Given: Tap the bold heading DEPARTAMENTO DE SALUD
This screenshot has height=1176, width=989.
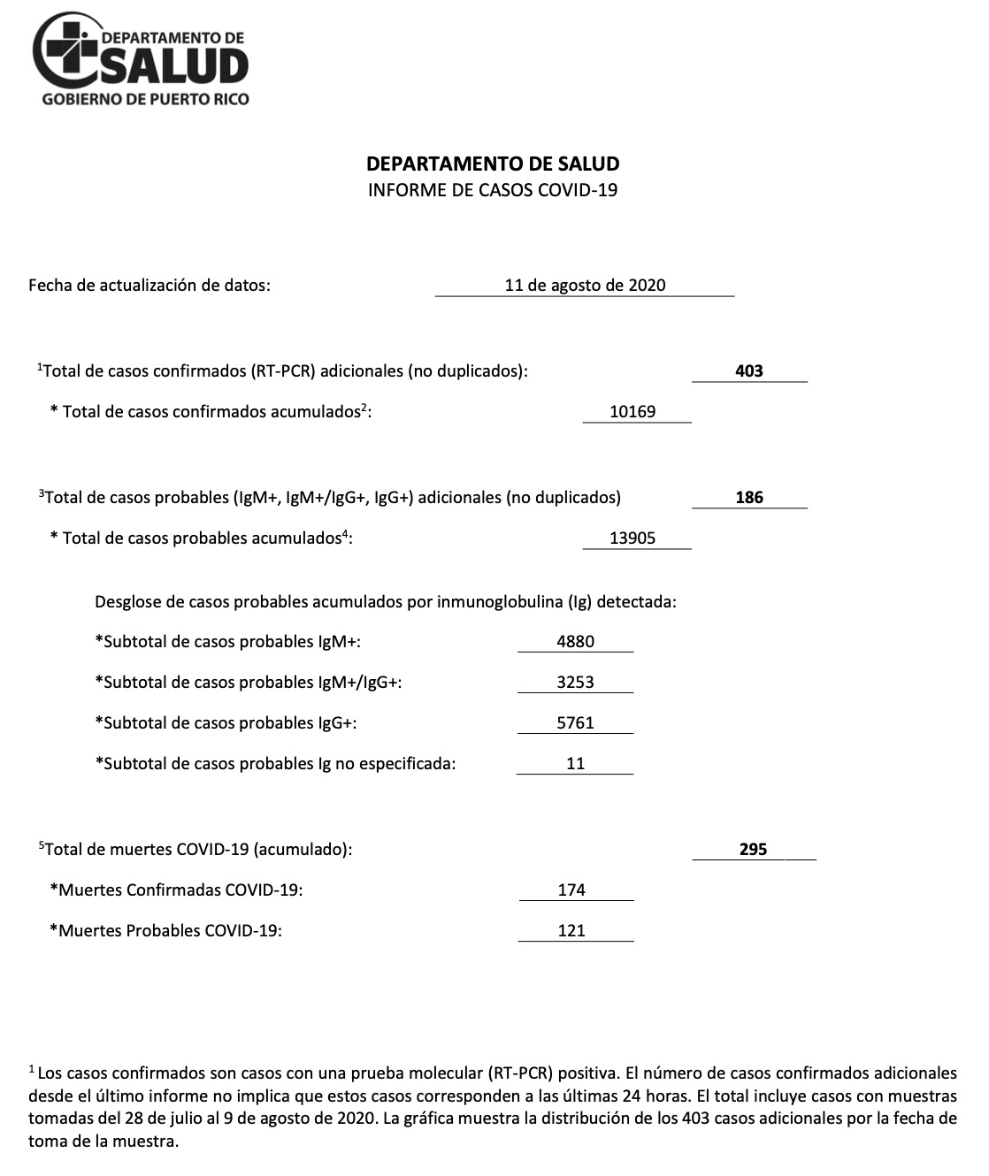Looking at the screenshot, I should [493, 164].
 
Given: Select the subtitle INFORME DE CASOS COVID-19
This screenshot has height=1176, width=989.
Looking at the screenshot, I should [493, 189].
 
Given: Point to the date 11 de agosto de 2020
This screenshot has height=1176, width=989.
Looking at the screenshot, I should [585, 285].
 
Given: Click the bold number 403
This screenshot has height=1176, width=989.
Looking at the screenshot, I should [749, 370].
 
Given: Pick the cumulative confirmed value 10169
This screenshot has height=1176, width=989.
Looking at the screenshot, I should [633, 411].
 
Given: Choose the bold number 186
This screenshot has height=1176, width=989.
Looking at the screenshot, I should [749, 497].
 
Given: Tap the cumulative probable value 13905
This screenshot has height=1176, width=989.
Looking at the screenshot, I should [633, 538].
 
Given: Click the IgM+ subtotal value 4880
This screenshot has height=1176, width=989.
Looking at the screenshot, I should [576, 641].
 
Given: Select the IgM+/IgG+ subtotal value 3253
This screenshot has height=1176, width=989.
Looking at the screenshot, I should [576, 682].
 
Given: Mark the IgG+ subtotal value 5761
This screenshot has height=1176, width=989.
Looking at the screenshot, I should [576, 722].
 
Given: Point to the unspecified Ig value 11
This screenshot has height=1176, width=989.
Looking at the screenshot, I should [576, 763].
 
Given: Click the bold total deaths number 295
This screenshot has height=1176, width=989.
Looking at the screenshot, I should [754, 849].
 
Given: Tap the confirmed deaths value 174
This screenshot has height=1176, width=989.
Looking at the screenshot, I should [572, 890].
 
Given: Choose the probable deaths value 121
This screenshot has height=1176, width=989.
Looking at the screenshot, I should [572, 930].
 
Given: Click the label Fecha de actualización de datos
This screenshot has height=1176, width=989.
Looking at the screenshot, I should [149, 285].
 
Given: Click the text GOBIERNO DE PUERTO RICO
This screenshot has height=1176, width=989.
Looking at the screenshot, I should [145, 99].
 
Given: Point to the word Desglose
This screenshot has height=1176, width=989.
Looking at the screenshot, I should [126, 602].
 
